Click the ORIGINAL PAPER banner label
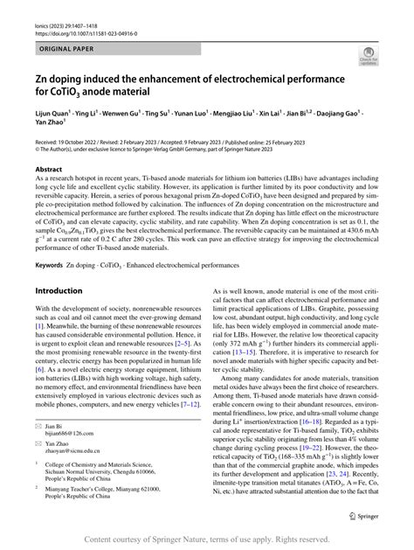pyautogui.click(x=59, y=40)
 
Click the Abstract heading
pyautogui.click(x=49, y=169)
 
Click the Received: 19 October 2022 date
pyautogui.click(x=72, y=140)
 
